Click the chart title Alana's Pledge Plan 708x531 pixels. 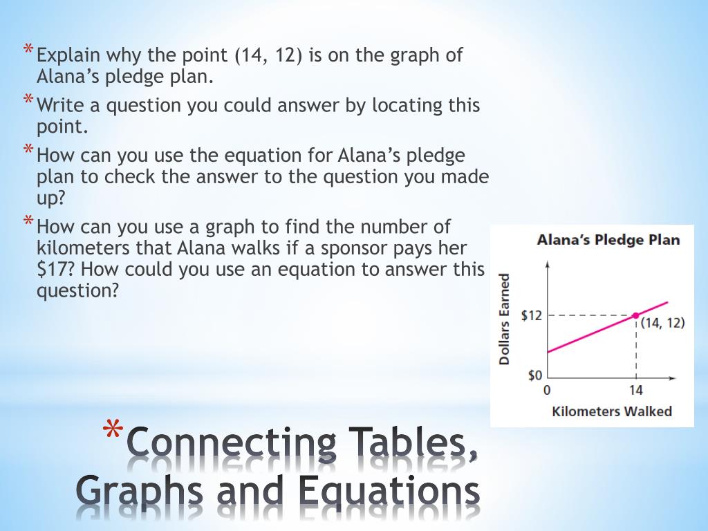pos(608,240)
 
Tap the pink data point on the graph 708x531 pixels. pos(635,315)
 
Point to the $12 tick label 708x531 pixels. pos(532,315)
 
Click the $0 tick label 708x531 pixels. pos(535,375)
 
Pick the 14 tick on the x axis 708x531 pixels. pos(635,390)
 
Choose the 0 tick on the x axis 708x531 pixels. pos(547,390)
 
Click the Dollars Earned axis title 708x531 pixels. pos(505,319)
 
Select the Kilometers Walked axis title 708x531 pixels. pos(612,411)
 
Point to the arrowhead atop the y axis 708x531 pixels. pos(548,263)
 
